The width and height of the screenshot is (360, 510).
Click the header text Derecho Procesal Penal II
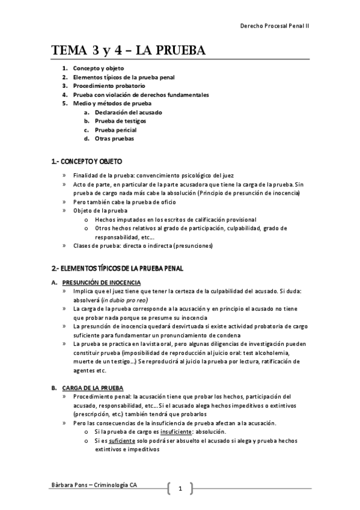coord(275,27)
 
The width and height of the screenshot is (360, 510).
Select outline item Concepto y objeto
coord(99,69)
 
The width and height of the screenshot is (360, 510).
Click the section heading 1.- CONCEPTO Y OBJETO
coord(87,162)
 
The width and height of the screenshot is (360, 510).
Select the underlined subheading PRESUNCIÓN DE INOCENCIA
coord(102,282)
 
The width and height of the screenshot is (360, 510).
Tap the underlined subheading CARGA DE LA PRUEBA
coord(93,388)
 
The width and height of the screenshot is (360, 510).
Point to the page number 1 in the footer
coord(180,489)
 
